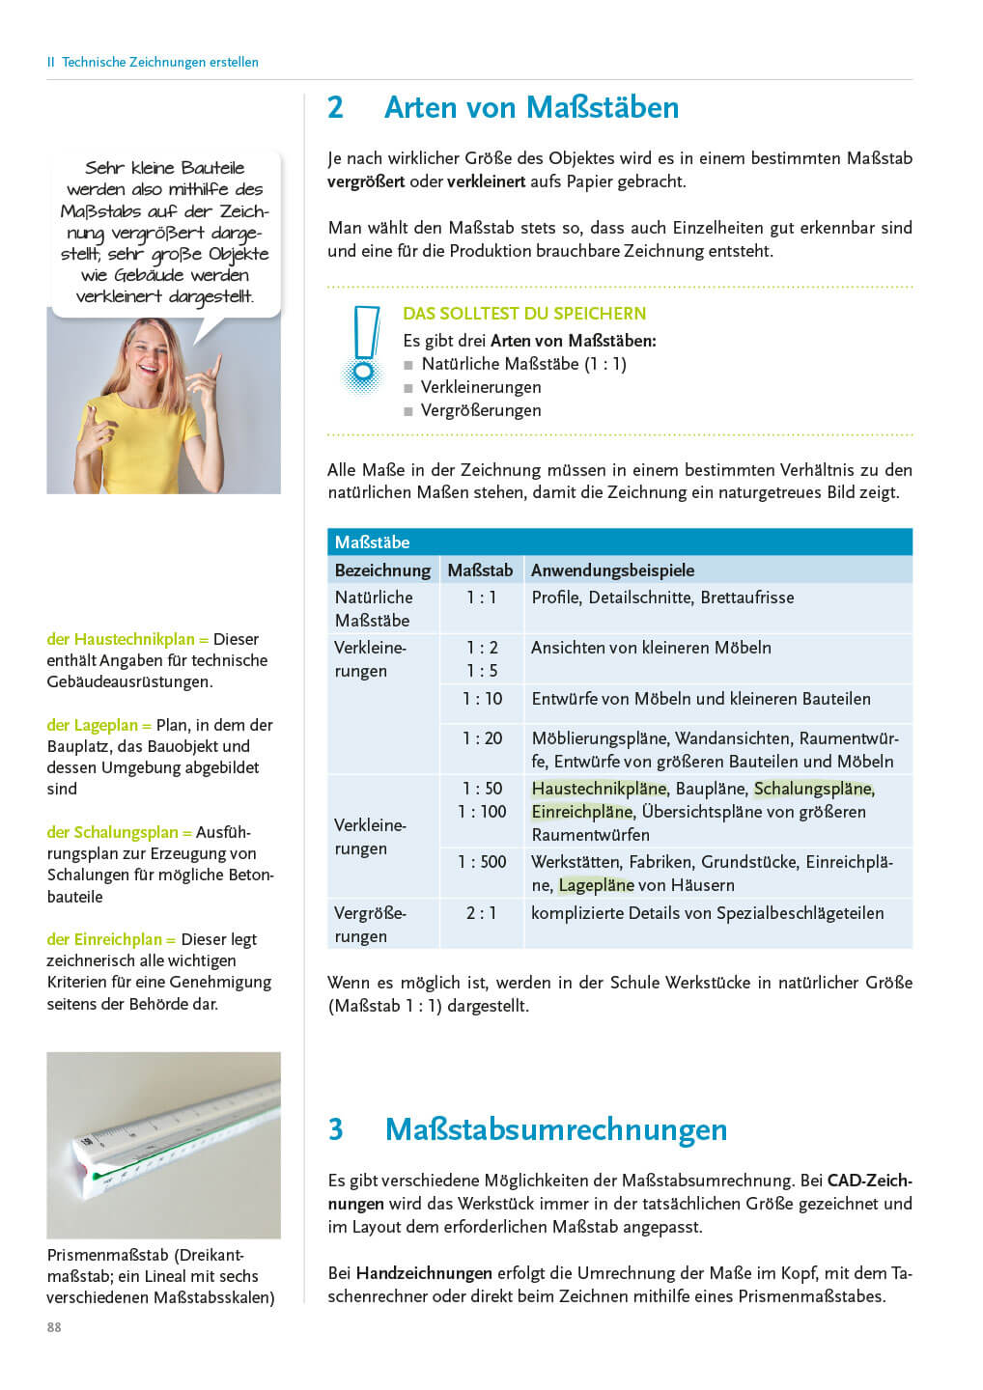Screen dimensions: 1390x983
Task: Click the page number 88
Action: [x=54, y=1327]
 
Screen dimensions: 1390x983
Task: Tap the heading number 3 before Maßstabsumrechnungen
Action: [x=336, y=1129]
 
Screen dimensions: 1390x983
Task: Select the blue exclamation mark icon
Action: [x=364, y=348]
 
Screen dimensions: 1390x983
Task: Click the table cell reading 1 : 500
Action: [x=482, y=862]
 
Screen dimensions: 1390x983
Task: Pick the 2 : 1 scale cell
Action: [x=482, y=913]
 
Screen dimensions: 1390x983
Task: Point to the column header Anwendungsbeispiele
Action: [x=612, y=570]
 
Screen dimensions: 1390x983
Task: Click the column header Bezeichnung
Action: [x=382, y=570]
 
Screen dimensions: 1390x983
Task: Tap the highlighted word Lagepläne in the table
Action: [x=596, y=885]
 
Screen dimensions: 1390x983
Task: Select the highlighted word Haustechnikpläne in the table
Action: [x=599, y=789]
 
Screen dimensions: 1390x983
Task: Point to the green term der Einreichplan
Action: [x=111, y=939]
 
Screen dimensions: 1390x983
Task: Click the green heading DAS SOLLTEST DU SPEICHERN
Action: [x=524, y=314]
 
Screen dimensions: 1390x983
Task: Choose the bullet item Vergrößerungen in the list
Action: [x=481, y=410]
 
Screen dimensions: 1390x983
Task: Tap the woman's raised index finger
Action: [x=215, y=368]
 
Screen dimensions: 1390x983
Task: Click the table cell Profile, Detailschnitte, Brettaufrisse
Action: [x=662, y=598]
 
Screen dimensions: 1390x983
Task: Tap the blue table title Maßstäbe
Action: [x=373, y=542]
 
